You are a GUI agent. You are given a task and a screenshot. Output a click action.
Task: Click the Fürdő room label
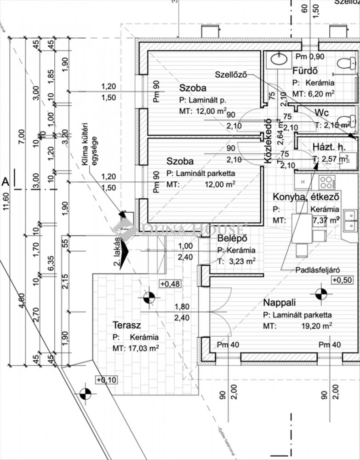tap(305, 71)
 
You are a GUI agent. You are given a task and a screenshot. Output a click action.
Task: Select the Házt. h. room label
tap(328, 147)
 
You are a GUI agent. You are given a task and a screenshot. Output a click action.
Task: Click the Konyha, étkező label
tap(306, 196)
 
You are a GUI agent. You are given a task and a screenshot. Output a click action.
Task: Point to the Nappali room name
tap(279, 302)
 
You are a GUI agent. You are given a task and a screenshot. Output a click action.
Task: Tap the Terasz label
tap(126, 325)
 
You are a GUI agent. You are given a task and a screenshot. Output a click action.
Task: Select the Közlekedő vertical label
tap(266, 146)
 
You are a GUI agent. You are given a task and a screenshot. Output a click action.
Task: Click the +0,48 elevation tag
tap(170, 284)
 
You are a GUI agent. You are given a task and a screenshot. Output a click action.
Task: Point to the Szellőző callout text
tap(231, 74)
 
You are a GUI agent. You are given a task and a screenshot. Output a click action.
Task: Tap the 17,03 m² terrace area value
tap(142, 349)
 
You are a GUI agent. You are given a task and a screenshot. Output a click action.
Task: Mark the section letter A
tap(6, 182)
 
